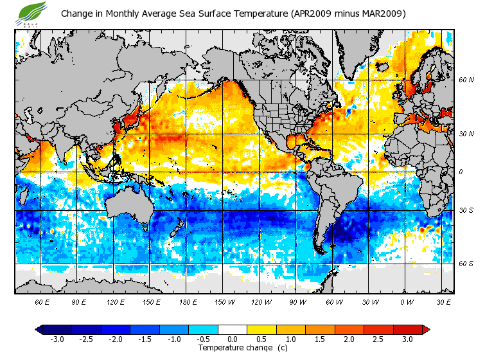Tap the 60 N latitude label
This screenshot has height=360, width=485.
(465, 80)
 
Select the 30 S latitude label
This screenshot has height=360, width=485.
(465, 211)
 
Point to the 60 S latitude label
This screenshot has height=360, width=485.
(465, 264)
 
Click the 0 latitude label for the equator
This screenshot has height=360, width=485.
(461, 172)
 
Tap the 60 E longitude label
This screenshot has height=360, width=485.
(42, 301)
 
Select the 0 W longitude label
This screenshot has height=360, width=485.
(407, 301)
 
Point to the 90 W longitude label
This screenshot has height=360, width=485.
(298, 301)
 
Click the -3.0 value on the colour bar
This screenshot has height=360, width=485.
(57, 339)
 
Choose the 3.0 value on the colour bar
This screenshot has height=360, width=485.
(407, 339)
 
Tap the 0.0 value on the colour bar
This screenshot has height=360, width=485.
(233, 339)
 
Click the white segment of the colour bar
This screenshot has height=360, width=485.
(233, 330)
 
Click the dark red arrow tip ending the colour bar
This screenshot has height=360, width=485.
(426, 330)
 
